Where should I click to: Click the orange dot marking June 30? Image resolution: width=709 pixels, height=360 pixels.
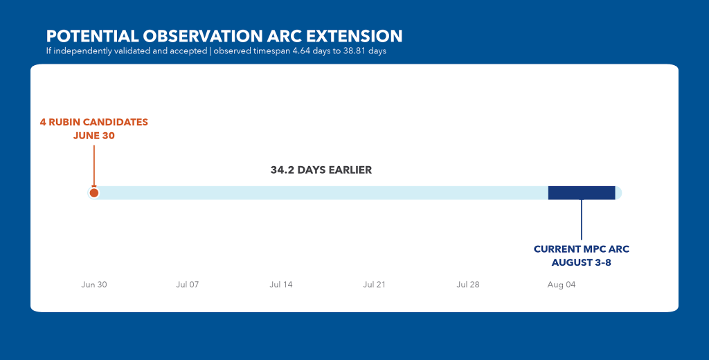coord(94,193)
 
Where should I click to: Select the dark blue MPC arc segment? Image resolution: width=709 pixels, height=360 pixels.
coord(582,193)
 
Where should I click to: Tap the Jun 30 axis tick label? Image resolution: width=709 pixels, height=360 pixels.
coord(94,285)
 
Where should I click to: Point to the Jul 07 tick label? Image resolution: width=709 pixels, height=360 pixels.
coord(188,285)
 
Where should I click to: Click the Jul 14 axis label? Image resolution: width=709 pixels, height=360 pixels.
coord(281,285)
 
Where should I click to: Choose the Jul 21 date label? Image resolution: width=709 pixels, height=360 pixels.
coord(375,285)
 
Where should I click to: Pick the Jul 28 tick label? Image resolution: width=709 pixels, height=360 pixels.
coord(468,285)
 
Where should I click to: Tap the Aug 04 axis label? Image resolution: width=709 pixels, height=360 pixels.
coord(562,285)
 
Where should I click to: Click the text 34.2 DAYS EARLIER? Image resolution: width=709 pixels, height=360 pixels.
coord(321,170)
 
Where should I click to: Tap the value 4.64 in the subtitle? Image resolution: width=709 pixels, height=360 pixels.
coord(300,51)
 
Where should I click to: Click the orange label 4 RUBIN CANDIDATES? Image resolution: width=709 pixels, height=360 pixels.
coord(94,122)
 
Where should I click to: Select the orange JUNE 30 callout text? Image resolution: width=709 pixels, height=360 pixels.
coord(94,136)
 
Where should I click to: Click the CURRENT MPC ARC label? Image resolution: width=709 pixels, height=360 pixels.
coord(582,249)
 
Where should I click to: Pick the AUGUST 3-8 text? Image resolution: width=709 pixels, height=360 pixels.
coord(582,263)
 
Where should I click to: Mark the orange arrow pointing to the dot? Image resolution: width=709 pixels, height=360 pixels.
coord(94,166)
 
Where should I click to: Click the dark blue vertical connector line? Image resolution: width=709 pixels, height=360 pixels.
coord(582,219)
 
